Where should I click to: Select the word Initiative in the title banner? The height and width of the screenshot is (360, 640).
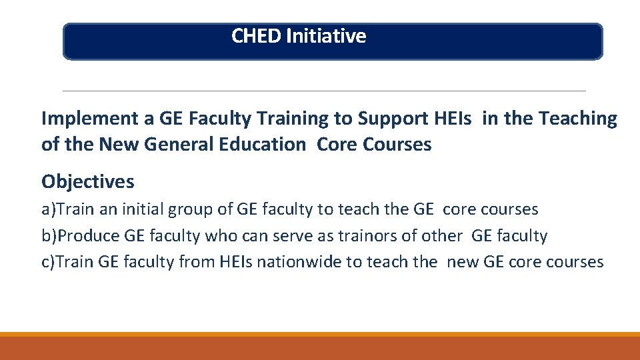pos(326,35)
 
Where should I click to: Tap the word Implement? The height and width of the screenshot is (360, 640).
pos(89,119)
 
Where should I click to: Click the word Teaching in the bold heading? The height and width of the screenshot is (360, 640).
pos(578,119)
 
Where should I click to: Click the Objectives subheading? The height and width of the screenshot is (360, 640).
pos(87,181)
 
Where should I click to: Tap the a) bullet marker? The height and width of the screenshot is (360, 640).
pos(48,209)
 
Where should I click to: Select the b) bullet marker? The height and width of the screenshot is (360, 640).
pos(48,236)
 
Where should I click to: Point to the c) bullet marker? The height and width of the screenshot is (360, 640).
pos(48,262)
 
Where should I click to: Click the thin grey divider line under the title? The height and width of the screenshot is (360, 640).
pos(324,91)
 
